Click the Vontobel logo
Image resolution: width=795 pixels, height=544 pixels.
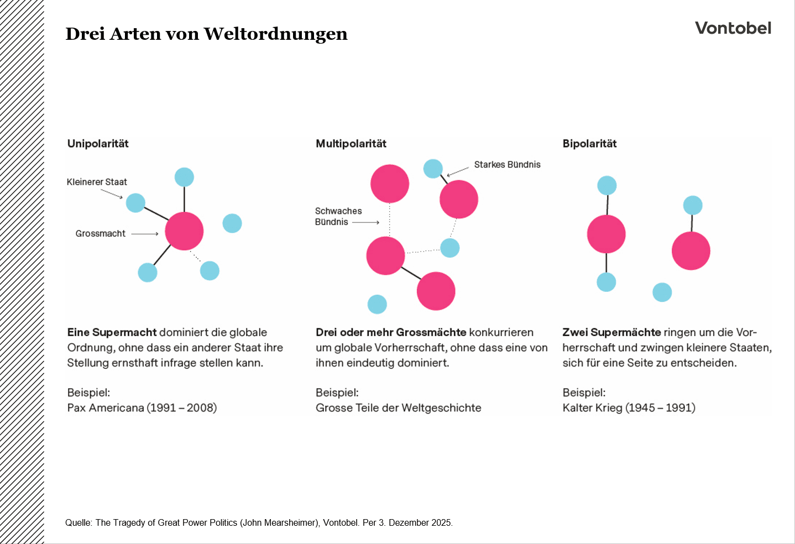733,28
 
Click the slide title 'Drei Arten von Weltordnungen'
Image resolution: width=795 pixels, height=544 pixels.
206,34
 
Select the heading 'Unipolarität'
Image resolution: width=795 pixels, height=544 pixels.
98,144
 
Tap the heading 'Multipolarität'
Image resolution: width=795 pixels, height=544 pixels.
351,144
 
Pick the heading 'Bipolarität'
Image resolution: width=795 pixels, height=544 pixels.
589,144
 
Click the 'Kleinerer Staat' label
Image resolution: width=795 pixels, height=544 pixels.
97,182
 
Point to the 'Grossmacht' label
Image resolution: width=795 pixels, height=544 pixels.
101,234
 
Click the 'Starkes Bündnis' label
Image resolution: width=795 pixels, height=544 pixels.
507,165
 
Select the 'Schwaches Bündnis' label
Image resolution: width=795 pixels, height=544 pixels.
338,217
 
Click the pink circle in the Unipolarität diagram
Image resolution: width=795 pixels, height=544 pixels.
184,231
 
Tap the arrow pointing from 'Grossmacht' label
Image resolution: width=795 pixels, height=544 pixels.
145,234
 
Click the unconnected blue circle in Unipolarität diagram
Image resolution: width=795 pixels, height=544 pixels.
232,223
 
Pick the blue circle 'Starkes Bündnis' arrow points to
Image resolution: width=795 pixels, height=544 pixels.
433,169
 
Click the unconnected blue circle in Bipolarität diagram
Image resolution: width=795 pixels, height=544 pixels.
662,292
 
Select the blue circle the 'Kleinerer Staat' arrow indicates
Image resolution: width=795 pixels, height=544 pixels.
135,203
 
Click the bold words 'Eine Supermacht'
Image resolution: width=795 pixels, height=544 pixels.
112,332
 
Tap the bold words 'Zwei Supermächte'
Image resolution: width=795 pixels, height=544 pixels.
611,332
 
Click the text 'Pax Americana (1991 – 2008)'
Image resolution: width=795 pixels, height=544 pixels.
142,408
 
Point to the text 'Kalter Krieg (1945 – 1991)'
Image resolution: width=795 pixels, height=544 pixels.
629,408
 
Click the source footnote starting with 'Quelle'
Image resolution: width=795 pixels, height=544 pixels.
259,523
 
